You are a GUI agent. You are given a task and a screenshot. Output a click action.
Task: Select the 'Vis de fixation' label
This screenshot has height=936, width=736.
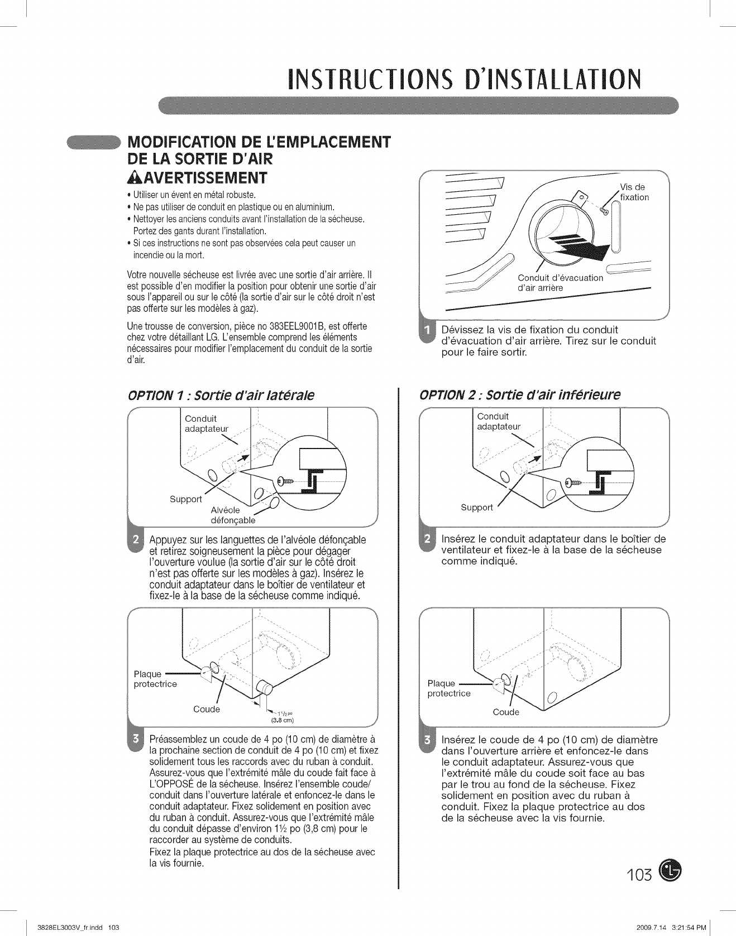pos(634,192)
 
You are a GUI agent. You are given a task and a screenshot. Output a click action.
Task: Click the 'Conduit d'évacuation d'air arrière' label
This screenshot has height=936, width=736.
pos(560,283)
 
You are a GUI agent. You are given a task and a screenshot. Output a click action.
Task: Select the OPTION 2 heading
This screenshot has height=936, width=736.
pos(520,394)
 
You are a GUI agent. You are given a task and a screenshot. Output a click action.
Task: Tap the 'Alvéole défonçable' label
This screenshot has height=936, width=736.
pos(232,515)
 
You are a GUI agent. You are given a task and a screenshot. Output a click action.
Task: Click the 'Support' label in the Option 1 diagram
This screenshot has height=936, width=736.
pos(185,499)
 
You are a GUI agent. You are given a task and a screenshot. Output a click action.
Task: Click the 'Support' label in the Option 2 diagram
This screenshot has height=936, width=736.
pos(476,507)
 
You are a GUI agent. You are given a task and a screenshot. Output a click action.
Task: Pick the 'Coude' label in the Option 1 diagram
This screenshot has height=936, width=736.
pos(207,709)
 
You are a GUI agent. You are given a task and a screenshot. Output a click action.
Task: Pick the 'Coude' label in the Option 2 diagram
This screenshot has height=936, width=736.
pos(506,712)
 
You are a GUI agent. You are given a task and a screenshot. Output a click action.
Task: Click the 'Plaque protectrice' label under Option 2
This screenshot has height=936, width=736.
pos(448,688)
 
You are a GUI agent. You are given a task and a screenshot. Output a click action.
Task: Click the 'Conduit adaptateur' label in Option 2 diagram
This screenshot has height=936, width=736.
pos(498,421)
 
